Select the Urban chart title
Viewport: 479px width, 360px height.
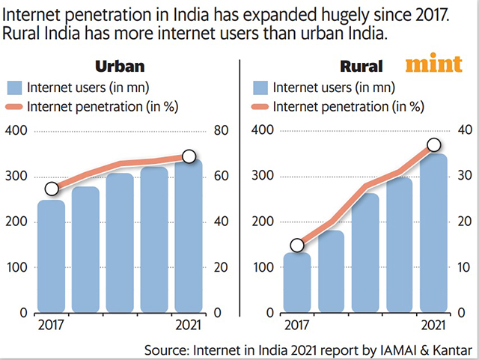(120, 65)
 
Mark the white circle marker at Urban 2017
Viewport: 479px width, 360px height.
(51, 189)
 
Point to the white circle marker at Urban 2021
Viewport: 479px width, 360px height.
(189, 156)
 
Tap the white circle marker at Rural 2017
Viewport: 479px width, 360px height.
(297, 245)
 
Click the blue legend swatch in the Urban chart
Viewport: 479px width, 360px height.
(16, 86)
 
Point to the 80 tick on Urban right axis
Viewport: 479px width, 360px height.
(222, 131)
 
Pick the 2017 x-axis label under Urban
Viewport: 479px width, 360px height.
(51, 326)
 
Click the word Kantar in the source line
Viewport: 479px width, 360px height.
(452, 350)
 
